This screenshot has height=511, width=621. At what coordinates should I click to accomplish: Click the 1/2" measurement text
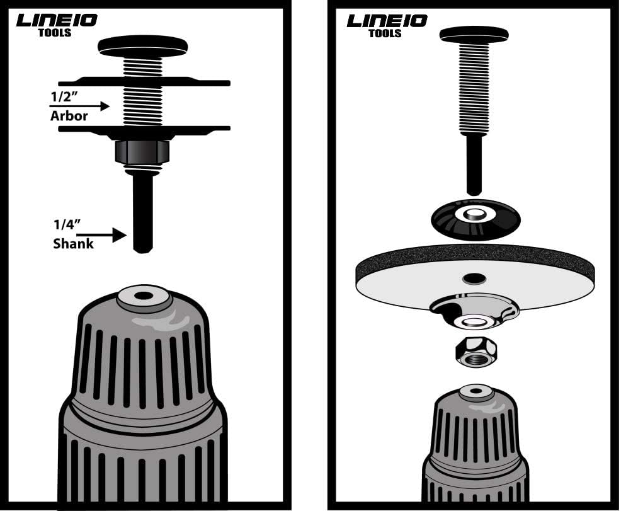(x=64, y=98)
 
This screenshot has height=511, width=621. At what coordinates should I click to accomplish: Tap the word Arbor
(x=69, y=117)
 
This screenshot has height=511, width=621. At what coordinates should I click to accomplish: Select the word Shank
(x=73, y=244)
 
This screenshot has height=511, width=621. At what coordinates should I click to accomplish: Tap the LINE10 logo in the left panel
(x=57, y=20)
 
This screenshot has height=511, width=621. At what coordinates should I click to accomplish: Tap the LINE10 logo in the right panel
(x=387, y=20)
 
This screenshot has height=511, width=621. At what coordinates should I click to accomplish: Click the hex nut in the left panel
(x=142, y=152)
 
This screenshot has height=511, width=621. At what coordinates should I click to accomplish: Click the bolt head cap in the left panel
(x=143, y=45)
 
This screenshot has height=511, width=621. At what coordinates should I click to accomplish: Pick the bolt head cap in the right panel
(x=474, y=33)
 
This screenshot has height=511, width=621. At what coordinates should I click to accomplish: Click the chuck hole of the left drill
(x=144, y=295)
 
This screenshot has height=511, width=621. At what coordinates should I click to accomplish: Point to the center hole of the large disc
(x=474, y=278)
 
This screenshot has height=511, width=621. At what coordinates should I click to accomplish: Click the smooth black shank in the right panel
(x=474, y=164)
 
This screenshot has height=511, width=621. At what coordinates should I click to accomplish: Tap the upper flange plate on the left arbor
(x=144, y=82)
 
